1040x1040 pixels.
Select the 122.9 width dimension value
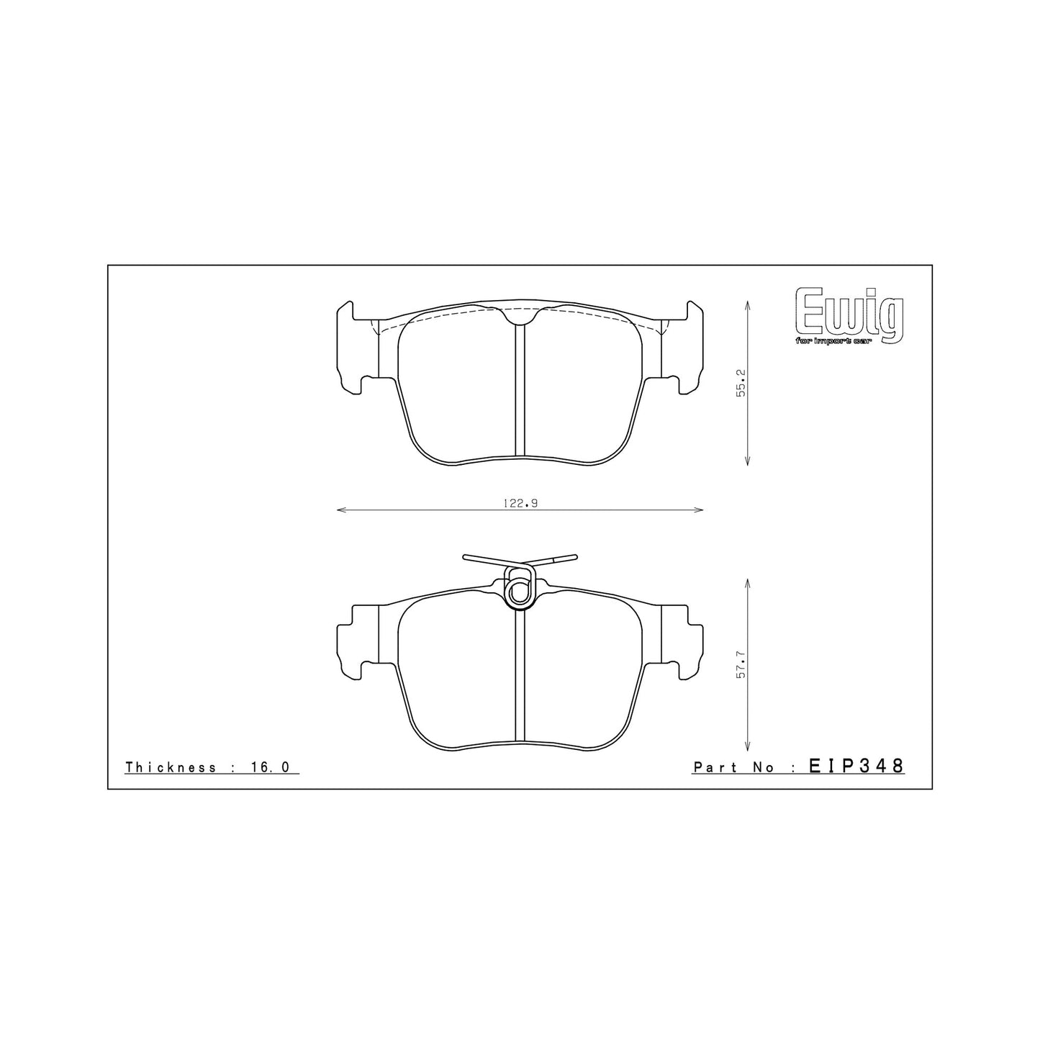coord(520,504)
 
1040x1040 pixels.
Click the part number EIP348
coord(856,766)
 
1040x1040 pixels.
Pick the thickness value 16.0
coord(271,767)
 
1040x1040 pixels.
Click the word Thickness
coord(170,767)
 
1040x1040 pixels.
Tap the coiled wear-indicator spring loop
coord(519,587)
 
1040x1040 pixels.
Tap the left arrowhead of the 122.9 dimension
coord(340,510)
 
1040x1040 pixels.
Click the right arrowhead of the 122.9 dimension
coord(700,510)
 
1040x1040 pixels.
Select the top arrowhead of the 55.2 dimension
coord(749,305)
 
